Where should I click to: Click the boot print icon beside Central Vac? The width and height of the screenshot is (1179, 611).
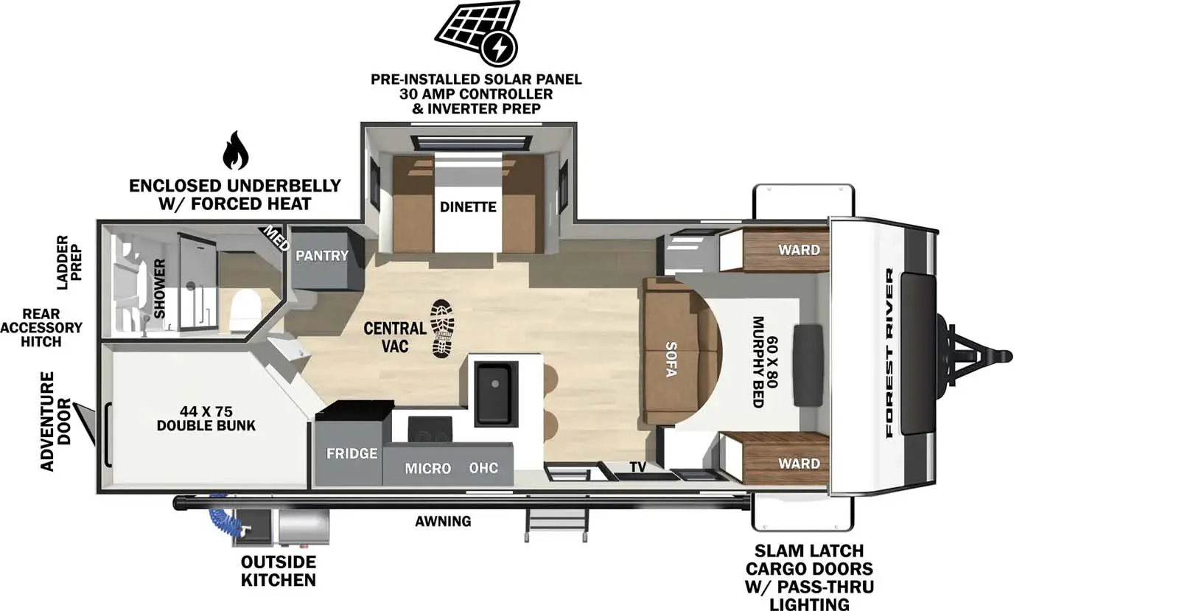[x=442, y=329]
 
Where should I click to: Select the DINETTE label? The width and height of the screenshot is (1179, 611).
[x=468, y=207]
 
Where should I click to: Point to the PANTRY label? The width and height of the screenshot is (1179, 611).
[x=322, y=256]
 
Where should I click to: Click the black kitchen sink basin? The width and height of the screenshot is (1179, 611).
[x=495, y=392]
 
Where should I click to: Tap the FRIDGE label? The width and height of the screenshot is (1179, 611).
[x=351, y=453]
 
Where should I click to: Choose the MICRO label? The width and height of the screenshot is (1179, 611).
[x=427, y=468]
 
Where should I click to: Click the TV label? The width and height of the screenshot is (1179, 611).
[x=637, y=467]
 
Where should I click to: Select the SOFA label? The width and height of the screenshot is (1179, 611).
[x=671, y=359]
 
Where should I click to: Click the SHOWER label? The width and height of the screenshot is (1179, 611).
[x=160, y=288]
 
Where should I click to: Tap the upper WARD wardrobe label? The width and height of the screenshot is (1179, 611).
[x=799, y=250]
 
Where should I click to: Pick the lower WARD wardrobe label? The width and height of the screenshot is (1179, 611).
[x=799, y=464]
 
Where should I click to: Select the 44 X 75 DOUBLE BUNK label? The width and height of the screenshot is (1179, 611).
[x=206, y=419]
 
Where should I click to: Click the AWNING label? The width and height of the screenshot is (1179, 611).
[x=443, y=521]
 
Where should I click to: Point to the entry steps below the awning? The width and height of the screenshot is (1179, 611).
[x=556, y=525]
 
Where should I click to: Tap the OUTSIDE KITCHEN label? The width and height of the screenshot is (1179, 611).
[x=278, y=571]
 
